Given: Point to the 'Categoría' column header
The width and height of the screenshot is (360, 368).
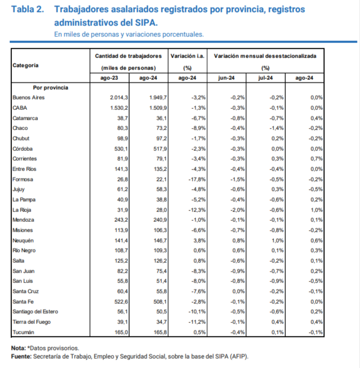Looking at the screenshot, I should [25, 66].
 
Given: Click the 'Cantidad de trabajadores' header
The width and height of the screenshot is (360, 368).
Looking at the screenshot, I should [128, 55].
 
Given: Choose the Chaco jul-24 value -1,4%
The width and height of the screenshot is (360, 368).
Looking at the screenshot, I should [275, 128].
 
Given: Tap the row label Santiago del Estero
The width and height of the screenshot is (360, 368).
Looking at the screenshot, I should [35, 311].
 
